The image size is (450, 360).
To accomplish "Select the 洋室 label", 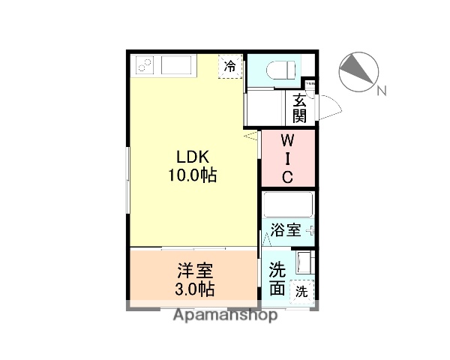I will pos(195,270).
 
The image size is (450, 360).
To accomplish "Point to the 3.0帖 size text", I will pos(195,289).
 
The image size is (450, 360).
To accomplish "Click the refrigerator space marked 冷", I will pos(230,66).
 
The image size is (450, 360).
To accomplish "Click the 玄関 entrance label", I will pos(299,109).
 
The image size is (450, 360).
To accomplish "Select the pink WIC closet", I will pos(288,158).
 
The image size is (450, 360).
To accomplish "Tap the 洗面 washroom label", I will pos(276,277).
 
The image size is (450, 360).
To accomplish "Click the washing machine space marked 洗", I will pos(301,290).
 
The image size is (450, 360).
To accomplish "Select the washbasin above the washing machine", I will pos(304,262).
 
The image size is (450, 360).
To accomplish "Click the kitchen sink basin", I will pos(177,66).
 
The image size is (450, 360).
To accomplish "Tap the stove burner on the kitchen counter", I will pos(144,66).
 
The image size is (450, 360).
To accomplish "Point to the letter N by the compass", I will pos(381,91).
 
